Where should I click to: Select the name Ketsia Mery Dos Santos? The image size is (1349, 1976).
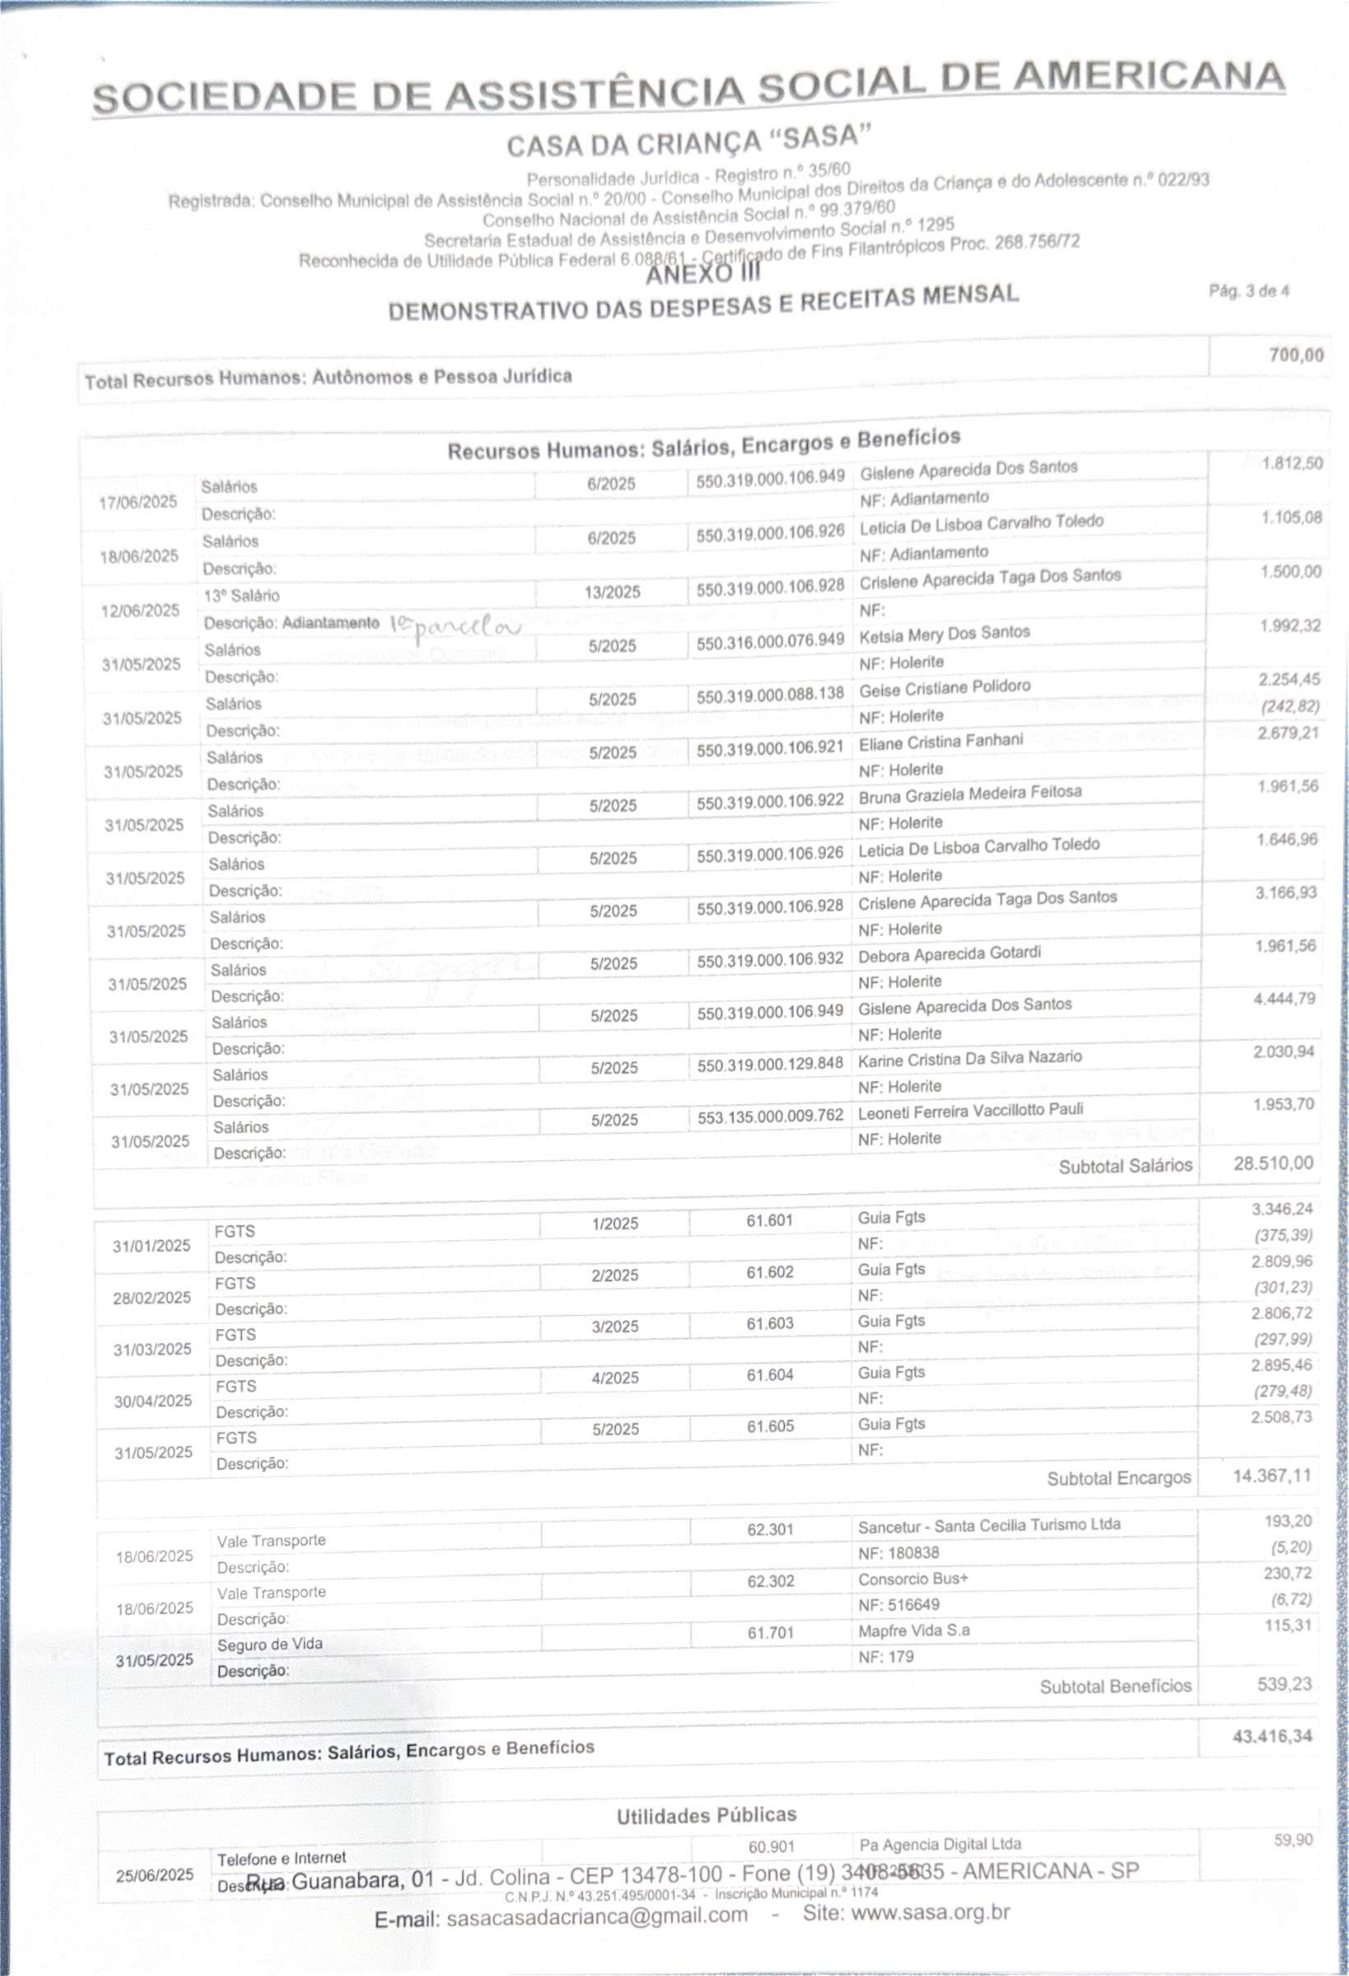[944, 633]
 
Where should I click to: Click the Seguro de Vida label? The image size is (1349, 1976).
[269, 1644]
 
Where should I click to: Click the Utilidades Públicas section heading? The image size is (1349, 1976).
[707, 1815]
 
